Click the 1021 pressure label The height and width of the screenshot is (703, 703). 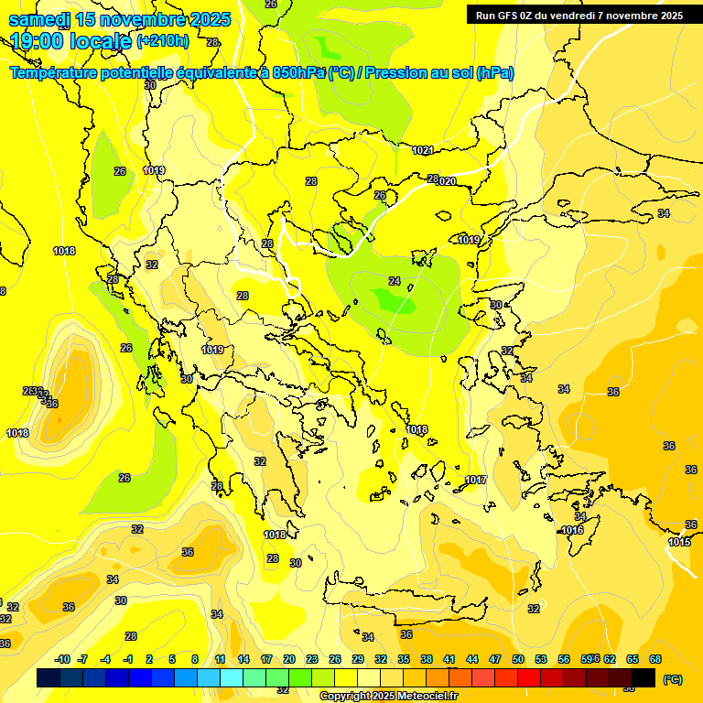click(x=422, y=150)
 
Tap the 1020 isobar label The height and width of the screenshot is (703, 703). click(x=446, y=181)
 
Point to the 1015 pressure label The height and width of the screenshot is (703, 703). click(x=679, y=543)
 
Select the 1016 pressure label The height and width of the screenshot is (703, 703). click(x=572, y=530)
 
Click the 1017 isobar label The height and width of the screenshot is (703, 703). click(x=475, y=481)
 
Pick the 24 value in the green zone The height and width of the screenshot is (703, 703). click(x=395, y=281)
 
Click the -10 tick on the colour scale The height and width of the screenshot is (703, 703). click(x=63, y=659)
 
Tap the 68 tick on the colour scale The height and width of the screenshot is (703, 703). click(x=655, y=659)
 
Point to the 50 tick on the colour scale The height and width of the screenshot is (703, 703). click(x=518, y=659)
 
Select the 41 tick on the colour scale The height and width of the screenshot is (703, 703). click(x=449, y=659)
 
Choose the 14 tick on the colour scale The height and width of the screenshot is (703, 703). click(x=243, y=659)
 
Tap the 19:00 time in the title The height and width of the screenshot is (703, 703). click(x=40, y=41)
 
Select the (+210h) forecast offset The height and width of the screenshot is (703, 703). click(x=162, y=41)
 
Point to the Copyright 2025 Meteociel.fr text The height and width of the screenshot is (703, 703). click(x=388, y=696)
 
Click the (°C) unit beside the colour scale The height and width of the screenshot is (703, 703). click(x=672, y=679)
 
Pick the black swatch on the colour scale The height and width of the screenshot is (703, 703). click(x=644, y=677)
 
